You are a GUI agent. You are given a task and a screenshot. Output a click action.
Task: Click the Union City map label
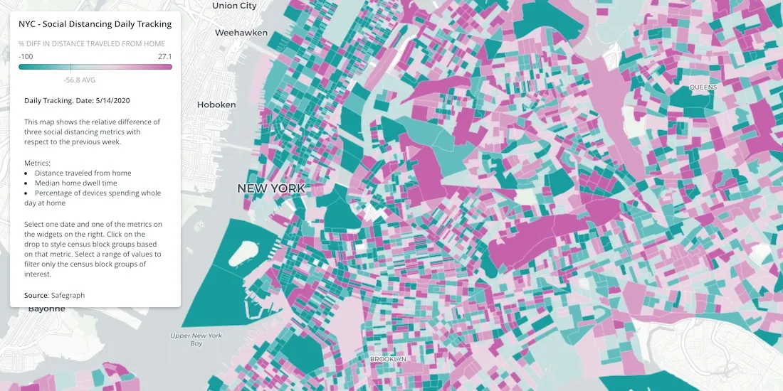(x=234, y=6)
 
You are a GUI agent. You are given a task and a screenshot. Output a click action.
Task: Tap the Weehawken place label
(x=241, y=33)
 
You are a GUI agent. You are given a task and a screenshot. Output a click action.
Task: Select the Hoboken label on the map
(x=216, y=105)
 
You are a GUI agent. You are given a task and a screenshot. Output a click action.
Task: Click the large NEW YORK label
(x=271, y=188)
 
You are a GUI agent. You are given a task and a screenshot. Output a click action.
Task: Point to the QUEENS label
(x=703, y=87)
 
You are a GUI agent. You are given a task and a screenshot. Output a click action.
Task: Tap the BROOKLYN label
(x=388, y=359)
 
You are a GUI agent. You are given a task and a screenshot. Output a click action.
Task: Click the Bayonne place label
(x=47, y=309)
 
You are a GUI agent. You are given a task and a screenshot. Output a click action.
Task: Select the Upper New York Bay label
(x=196, y=339)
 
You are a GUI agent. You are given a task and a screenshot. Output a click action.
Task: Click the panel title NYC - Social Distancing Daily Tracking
(x=95, y=24)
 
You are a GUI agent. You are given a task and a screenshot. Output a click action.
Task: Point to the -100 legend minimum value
(x=26, y=56)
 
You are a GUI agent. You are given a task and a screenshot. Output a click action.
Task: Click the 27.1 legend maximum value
(x=165, y=56)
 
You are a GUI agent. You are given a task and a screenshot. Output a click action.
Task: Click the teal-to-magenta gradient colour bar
(x=95, y=67)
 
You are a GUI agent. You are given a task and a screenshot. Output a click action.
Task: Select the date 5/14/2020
(x=112, y=100)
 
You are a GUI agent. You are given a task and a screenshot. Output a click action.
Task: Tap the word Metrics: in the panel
(x=38, y=163)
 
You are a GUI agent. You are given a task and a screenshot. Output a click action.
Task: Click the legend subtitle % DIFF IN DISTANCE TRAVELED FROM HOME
(x=92, y=44)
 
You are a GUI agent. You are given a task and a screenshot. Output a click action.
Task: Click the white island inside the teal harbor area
(x=246, y=252)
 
